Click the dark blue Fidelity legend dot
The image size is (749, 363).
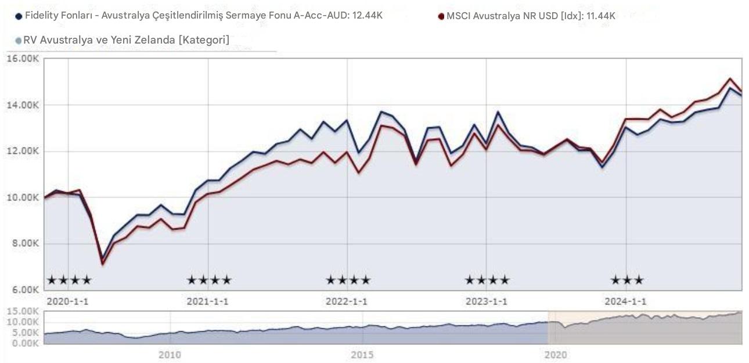[19, 16]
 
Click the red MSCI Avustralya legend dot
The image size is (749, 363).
[441, 16]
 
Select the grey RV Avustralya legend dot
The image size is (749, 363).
[19, 41]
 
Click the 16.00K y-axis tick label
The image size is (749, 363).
[23, 59]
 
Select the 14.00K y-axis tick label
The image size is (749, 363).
[23, 105]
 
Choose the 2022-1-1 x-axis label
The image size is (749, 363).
[347, 301]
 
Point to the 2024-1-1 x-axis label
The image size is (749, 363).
[625, 301]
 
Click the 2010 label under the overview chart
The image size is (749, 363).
[170, 354]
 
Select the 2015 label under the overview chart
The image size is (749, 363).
[362, 354]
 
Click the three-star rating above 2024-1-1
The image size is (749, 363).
[627, 281]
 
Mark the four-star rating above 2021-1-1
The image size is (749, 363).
[209, 281]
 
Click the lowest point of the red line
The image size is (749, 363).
[103, 264]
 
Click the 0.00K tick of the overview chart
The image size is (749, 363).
[25, 343]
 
